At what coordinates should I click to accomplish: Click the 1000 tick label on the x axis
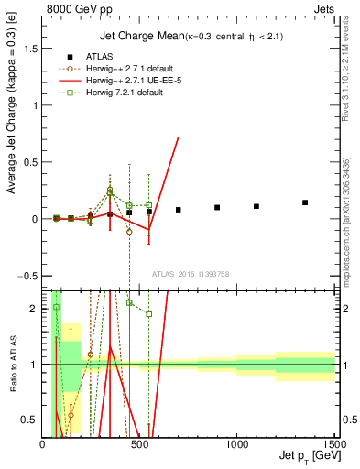(x=236, y=443)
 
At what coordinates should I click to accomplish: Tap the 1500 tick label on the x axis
(x=333, y=443)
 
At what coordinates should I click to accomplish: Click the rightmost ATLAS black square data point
(x=305, y=202)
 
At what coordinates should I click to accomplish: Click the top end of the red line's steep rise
(x=178, y=112)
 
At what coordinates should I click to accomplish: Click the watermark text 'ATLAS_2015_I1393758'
(x=190, y=274)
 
